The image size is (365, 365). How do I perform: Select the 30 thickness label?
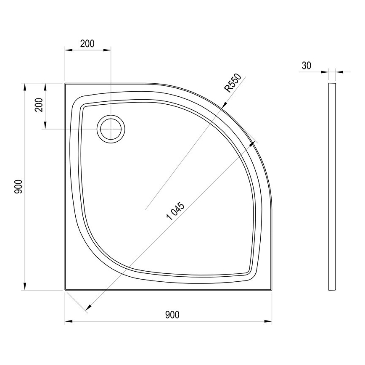307,65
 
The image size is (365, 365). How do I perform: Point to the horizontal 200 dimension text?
87,43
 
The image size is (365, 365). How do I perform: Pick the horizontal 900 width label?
172,315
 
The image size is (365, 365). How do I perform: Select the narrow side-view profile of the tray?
332,187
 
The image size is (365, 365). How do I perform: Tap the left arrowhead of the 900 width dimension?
68,322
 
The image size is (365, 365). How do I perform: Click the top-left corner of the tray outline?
65,83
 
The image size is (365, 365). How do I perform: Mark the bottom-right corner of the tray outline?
271,290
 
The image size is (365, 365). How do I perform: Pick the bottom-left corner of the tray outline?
65,290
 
